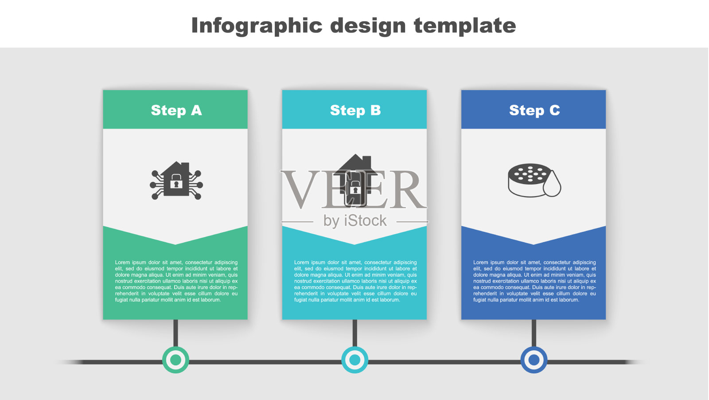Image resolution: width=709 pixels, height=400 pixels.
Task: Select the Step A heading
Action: (176, 110)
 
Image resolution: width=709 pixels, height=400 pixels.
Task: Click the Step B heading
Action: (355, 110)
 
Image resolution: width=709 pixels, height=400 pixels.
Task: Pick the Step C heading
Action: (534, 110)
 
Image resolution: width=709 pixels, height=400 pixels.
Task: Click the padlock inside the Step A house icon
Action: (176, 182)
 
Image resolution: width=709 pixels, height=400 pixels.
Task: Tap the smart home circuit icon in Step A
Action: (176, 180)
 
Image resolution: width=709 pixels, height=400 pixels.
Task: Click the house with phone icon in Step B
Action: (355, 180)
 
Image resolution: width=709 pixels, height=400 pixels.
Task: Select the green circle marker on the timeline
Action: (175, 360)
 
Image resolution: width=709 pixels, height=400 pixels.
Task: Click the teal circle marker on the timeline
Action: (355, 360)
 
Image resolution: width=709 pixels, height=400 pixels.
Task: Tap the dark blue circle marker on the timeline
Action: (534, 360)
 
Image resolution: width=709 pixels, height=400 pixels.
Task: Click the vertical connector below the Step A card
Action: (175, 333)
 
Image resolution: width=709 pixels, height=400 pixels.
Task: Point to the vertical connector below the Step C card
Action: (534, 333)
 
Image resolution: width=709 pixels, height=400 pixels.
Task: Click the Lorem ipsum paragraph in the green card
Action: (176, 281)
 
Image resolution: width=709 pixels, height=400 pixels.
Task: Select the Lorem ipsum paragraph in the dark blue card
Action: (534, 281)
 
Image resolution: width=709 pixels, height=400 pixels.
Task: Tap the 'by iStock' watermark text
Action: (355, 221)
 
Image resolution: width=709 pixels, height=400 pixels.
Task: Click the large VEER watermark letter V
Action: (301, 189)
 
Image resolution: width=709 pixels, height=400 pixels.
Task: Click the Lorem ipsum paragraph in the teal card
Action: (355, 281)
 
